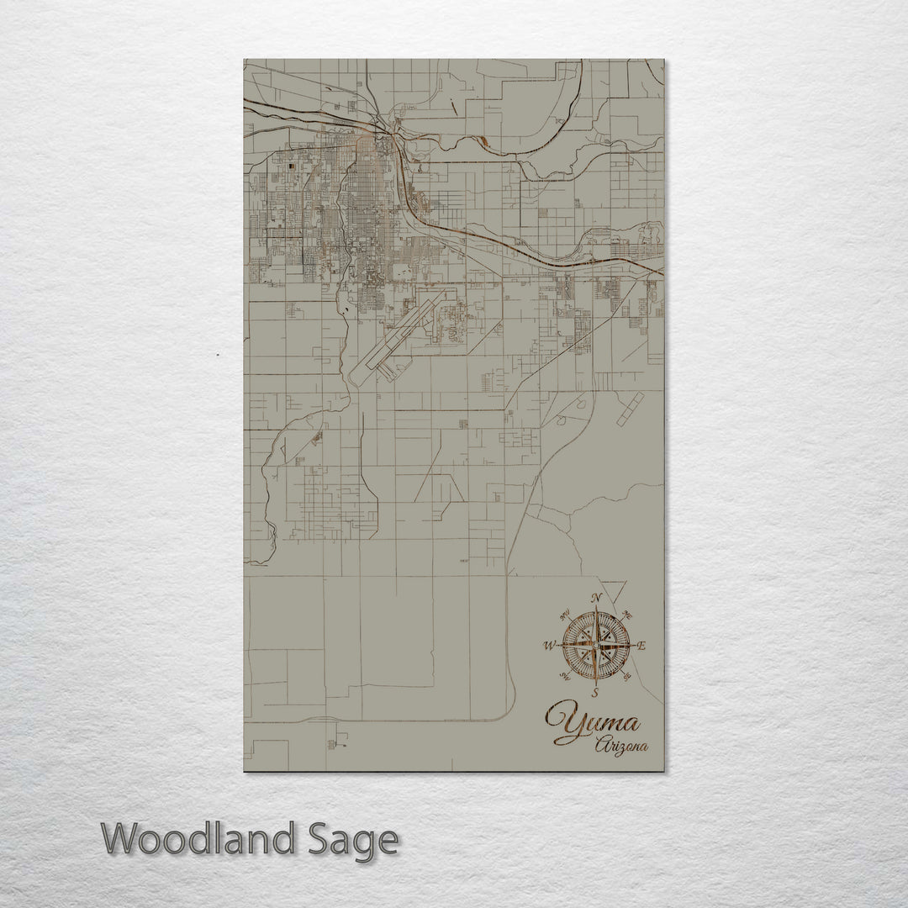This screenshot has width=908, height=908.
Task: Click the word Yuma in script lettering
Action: (591, 724)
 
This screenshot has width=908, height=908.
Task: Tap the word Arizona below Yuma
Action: (622, 746)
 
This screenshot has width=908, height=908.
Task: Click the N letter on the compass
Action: (596, 599)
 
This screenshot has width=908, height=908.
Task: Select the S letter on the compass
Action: (595, 694)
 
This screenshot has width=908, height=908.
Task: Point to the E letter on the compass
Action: (642, 647)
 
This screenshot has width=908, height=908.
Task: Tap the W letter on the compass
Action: (549, 646)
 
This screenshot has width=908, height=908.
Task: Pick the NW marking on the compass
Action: (563, 613)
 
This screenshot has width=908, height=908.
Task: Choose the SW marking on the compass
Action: (562, 678)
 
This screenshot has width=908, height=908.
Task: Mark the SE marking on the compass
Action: (628, 678)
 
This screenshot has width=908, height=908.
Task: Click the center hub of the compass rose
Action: (595, 646)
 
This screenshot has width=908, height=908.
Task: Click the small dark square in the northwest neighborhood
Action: (292, 167)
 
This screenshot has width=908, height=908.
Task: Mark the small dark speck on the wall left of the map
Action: (217, 354)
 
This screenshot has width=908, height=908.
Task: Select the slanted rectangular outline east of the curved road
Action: (629, 409)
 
